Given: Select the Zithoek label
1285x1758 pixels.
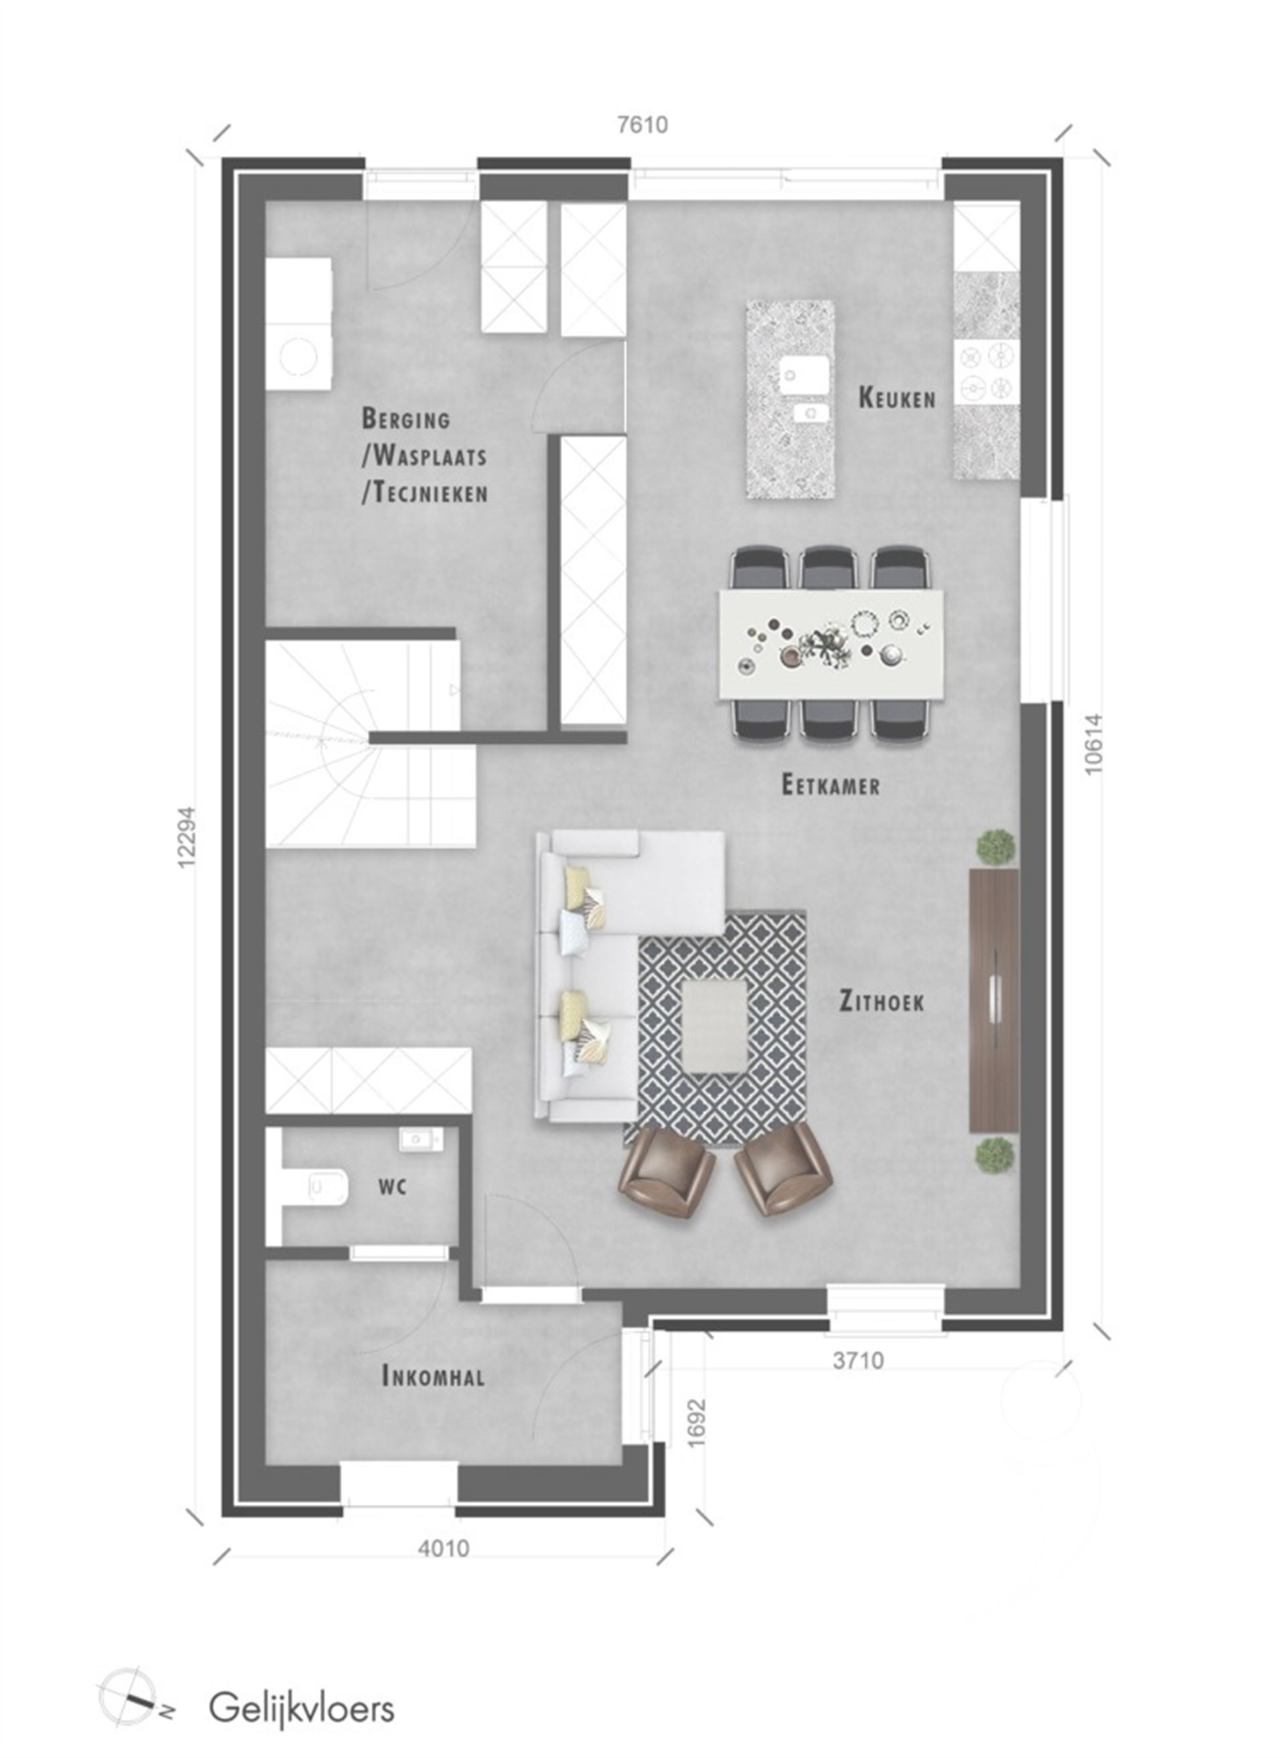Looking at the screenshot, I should (x=881, y=1001).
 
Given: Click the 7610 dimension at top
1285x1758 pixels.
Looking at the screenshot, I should (x=642, y=125).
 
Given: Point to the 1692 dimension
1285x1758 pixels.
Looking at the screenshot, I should (x=696, y=1423).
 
